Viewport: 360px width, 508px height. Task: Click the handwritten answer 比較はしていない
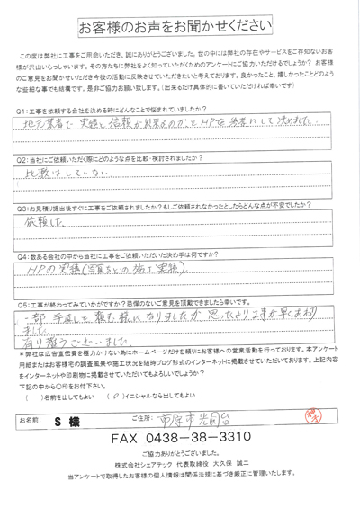53,172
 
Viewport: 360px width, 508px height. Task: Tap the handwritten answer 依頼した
38,221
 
